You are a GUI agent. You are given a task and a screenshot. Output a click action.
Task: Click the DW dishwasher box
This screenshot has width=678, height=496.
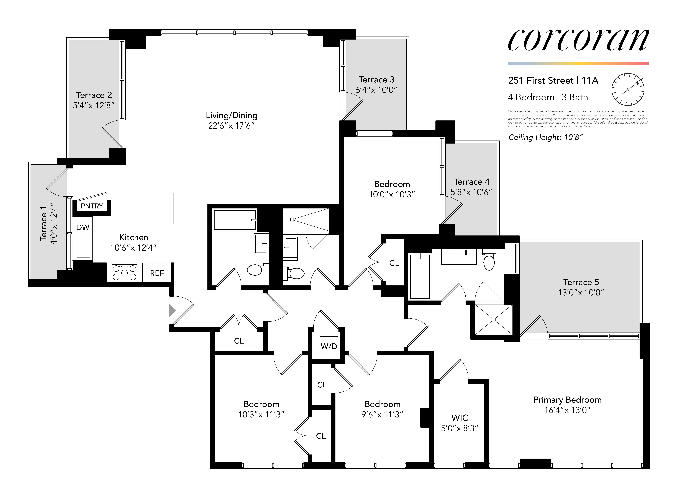(83, 227)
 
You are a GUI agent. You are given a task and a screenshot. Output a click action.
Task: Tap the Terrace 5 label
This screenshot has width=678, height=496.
(581, 282)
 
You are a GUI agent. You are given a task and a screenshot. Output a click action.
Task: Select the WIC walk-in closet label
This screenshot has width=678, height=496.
(460, 418)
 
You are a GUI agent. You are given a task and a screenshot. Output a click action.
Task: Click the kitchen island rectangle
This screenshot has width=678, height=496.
(142, 208)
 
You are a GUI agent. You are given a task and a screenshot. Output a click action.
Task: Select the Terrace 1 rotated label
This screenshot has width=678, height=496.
(44, 224)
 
